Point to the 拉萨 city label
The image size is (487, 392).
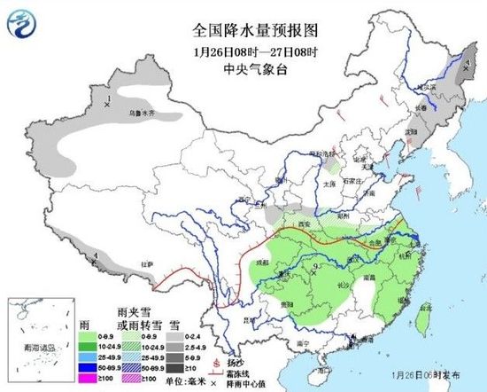[147, 264]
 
